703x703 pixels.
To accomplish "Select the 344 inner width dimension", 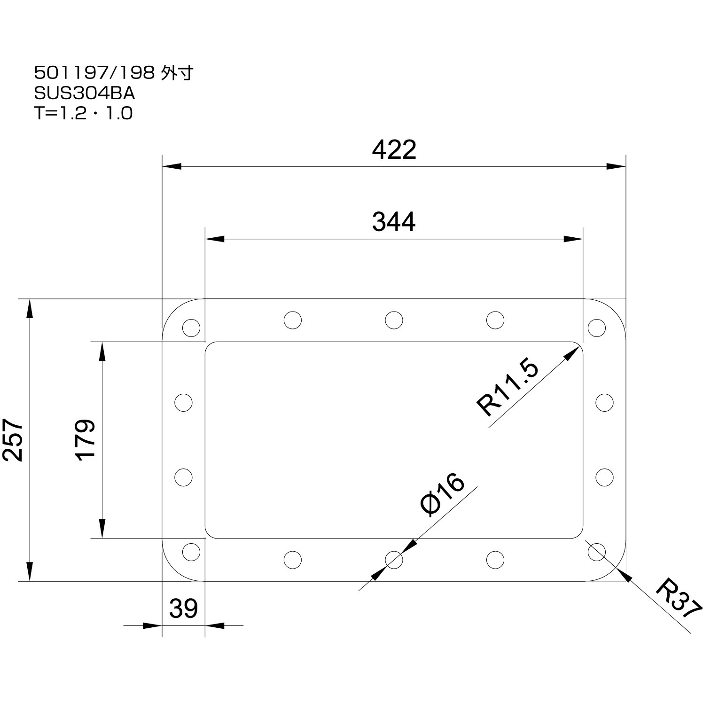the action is pos(394,222).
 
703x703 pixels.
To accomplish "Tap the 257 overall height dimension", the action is pos(13,440).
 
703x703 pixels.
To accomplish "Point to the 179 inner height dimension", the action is pos(85,440).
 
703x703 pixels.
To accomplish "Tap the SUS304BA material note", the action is pos(85,94).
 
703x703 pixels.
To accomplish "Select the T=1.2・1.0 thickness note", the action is pos(84,114).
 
